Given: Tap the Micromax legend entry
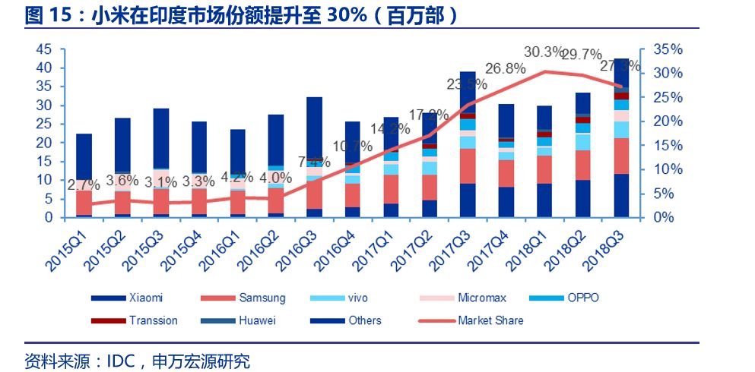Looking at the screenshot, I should click(x=481, y=298).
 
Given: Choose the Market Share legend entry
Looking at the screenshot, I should click(x=490, y=320).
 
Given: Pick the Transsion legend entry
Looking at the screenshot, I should click(x=153, y=320).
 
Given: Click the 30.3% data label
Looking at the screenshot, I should click(x=545, y=52).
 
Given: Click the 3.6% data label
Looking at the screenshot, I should click(x=122, y=181).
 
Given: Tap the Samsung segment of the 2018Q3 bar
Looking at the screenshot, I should click(x=622, y=156).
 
